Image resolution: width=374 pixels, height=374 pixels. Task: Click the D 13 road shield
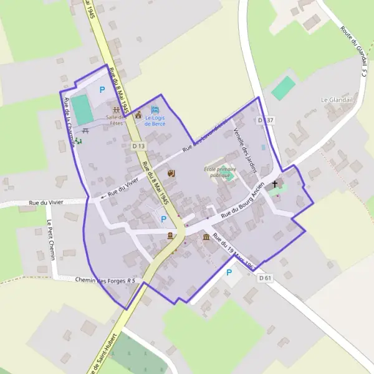pos(138,146)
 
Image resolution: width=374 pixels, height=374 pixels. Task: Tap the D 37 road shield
pos(265,120)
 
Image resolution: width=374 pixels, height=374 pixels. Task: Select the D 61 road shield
pos(266,278)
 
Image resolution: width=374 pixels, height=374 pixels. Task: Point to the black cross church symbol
pos(275,184)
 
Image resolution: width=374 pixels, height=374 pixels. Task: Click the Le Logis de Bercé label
pos(156,120)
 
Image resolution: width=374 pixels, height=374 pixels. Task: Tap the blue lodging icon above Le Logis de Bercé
pos(156,110)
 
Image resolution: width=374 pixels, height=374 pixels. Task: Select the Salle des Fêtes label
pos(116,120)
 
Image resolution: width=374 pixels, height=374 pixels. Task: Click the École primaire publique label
pos(221,173)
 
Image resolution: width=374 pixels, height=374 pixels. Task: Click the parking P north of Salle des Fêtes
pos(102,90)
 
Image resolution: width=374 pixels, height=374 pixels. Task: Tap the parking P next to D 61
pos(229,272)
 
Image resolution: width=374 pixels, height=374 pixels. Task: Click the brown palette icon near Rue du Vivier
pos(173,173)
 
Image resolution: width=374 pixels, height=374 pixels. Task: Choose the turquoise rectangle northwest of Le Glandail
pos(284,87)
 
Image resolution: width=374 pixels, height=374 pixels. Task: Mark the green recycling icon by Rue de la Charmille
pos(79,141)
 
